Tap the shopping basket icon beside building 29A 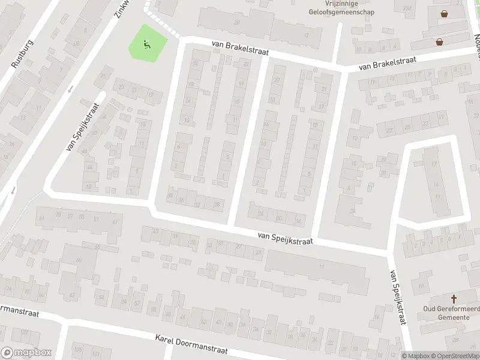click(x=445, y=13)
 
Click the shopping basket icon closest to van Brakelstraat click(x=440, y=42)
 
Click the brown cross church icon click(x=454, y=298)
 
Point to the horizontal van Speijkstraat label click(x=286, y=238)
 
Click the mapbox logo click(x=26, y=353)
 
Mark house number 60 click(x=79, y=260)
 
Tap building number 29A click(x=408, y=8)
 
